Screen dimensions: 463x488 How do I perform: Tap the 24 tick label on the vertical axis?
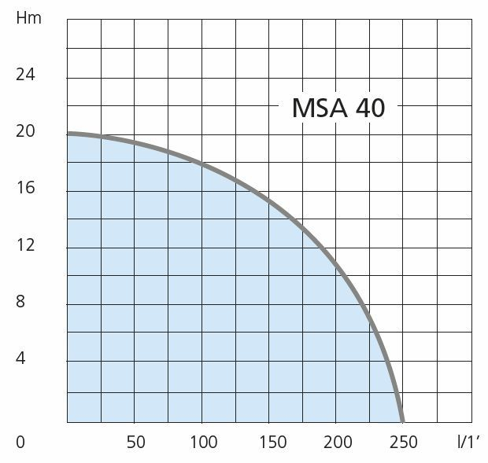[26, 75]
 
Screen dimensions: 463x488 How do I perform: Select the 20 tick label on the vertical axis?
[26, 131]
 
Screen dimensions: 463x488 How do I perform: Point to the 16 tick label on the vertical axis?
[26, 188]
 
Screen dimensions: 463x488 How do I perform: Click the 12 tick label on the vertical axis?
[26, 245]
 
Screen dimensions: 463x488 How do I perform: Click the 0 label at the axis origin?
[20, 442]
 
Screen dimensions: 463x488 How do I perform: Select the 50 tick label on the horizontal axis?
[135, 442]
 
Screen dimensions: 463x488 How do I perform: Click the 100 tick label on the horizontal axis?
[203, 442]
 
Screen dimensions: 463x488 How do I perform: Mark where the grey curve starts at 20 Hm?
[69, 134]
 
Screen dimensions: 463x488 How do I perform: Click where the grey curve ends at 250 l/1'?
[403, 420]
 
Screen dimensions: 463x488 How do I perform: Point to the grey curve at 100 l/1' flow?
[202, 164]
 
